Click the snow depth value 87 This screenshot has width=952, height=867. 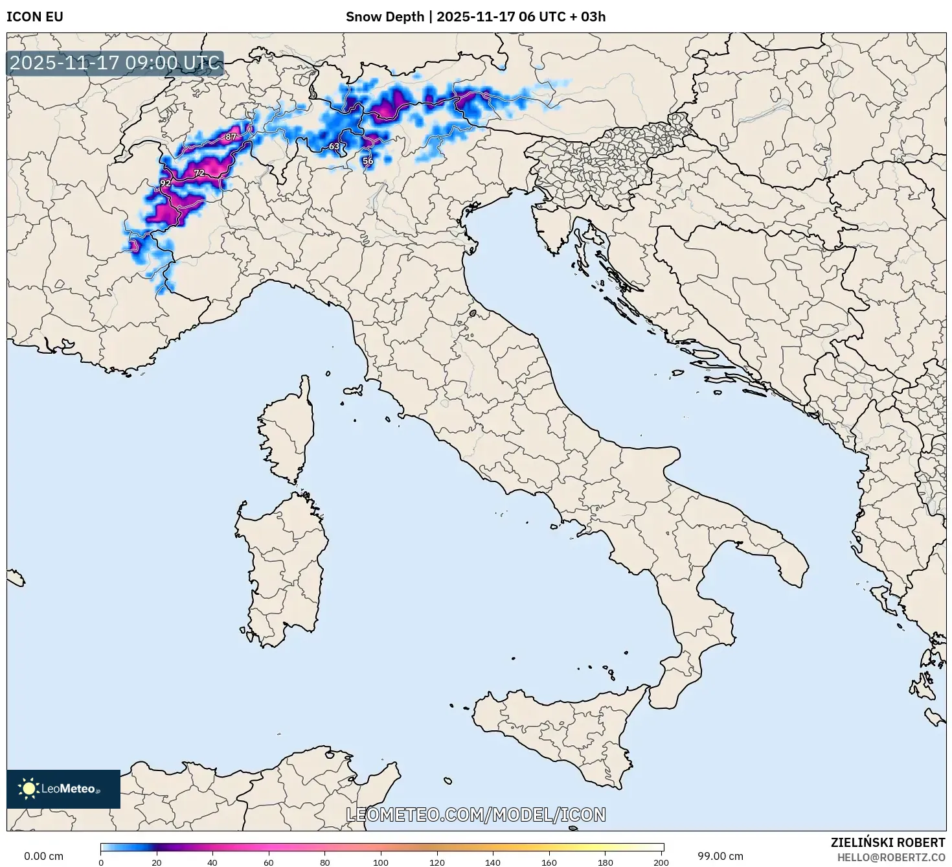pos(231,137)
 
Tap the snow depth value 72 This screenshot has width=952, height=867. pos(199,173)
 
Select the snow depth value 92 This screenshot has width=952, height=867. pos(165,183)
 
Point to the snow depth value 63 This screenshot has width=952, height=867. pos(334,146)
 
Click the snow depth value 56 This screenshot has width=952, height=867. pos(368,161)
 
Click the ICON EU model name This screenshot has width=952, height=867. pos(35,17)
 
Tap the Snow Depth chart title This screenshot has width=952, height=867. pos(475,17)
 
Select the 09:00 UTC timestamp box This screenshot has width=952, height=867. pos(115,63)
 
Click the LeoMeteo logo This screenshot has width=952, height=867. pos(63,789)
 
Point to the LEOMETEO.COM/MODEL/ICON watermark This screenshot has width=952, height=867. pos(476,815)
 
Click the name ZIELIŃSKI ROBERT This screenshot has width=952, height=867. pos(888,842)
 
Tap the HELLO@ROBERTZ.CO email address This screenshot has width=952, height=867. pos(890,857)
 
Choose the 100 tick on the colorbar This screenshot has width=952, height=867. pos(381,862)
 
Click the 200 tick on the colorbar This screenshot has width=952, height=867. pos(661,862)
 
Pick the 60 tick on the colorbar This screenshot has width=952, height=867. pos(269,862)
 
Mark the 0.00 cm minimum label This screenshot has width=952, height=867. pos(44,857)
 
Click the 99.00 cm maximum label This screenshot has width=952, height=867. pos(720,857)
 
